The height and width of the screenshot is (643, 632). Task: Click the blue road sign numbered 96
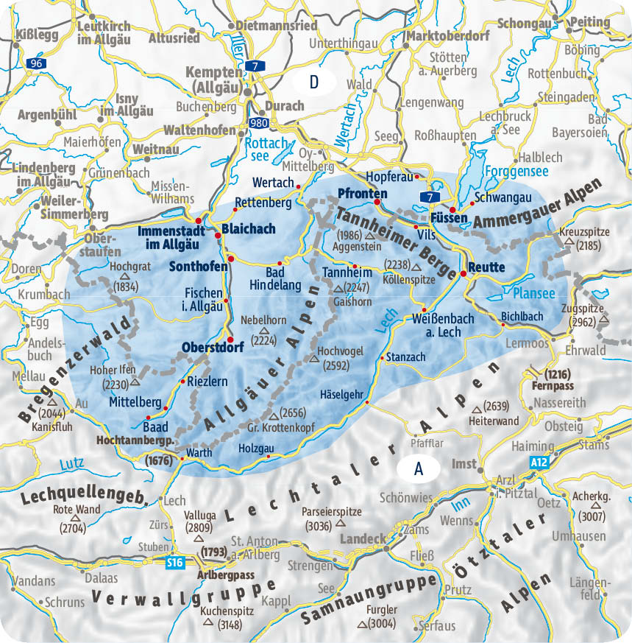click(34, 65)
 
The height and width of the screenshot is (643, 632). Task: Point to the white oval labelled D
click(314, 81)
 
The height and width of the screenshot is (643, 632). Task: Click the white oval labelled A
click(419, 468)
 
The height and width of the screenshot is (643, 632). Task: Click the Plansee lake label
click(534, 293)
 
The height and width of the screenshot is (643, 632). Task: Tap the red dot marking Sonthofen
click(230, 258)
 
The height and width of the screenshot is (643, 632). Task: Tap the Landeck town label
click(363, 538)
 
